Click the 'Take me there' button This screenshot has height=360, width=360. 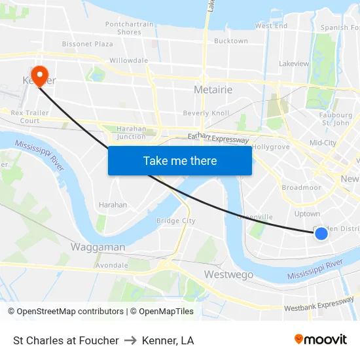[180, 160]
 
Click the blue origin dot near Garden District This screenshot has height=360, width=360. [321, 233]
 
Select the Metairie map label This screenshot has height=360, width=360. [213, 89]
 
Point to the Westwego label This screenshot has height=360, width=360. [228, 274]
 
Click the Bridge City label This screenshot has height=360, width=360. [175, 221]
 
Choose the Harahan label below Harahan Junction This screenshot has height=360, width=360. [113, 205]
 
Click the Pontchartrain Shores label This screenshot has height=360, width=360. [129, 28]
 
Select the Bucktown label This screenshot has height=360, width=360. [230, 41]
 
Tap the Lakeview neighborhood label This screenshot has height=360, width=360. [293, 64]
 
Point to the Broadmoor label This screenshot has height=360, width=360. [301, 187]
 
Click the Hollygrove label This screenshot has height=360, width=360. [271, 147]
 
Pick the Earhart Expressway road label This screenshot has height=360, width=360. [218, 139]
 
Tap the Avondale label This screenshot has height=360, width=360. [111, 266]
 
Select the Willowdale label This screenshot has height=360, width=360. [128, 60]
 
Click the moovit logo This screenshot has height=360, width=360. [320, 340]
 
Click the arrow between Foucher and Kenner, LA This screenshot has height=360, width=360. [130, 340]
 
